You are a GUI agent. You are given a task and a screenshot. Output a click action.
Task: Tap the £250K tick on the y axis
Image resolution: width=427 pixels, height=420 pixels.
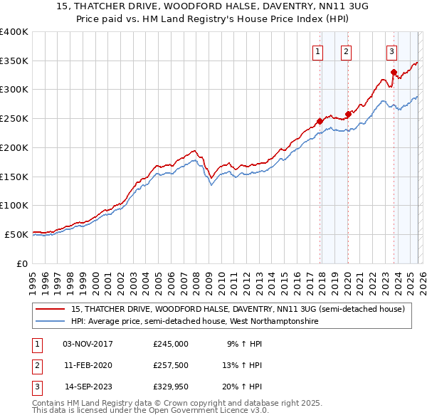point(14,118)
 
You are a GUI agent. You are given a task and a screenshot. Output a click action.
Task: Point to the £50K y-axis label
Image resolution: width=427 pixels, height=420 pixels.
point(16,234)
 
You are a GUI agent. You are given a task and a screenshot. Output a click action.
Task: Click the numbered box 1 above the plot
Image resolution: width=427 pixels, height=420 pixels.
point(317,51)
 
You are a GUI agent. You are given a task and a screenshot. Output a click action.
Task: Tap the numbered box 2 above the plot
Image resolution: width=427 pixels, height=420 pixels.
point(346,51)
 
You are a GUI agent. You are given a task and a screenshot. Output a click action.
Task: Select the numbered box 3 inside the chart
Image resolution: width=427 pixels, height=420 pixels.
point(391,51)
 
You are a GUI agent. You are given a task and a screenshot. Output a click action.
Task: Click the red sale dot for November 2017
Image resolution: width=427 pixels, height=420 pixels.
point(320,121)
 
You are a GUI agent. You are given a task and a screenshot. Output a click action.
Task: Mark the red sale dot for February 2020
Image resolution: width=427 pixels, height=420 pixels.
point(348,114)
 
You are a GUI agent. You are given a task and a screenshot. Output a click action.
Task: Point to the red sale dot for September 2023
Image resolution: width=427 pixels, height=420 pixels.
point(394,72)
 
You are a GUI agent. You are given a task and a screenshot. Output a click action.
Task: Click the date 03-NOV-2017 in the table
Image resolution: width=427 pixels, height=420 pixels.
point(88,344)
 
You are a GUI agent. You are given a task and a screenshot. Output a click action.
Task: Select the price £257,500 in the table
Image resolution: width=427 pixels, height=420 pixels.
point(171,365)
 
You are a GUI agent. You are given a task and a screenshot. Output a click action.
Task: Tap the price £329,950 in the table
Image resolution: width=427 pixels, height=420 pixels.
point(171,387)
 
